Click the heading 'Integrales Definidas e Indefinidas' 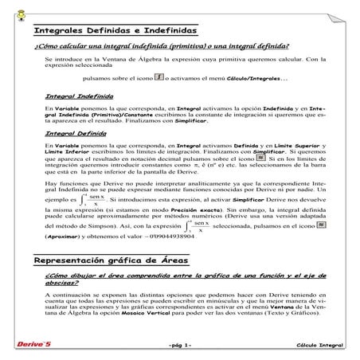pyautogui.click(x=115, y=30)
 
